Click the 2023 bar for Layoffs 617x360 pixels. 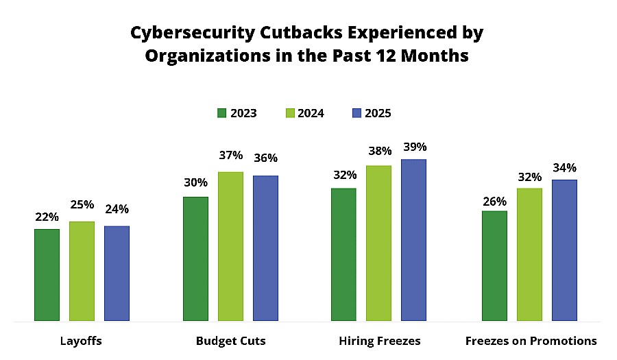tap(47, 274)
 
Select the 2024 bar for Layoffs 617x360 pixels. tap(82, 271)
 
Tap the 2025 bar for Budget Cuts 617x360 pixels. tap(265, 248)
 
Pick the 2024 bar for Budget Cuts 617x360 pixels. tap(230, 246)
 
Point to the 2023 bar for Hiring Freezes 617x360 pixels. tap(343, 254)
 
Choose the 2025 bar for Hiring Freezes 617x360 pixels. tap(413, 240)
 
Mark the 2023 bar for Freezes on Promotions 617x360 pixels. tap(494, 265)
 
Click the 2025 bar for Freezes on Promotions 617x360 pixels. tap(564, 250)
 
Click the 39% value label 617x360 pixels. tap(414, 147)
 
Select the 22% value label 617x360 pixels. tap(47, 217)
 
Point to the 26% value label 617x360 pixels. tap(494, 202)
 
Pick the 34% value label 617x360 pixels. tap(564, 168)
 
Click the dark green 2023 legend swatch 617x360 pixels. tap(221, 113)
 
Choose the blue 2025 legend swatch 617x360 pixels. tap(356, 113)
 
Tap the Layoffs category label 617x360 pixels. tap(82, 341)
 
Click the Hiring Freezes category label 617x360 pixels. tap(379, 341)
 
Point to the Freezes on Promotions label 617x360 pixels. tap(531, 341)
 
